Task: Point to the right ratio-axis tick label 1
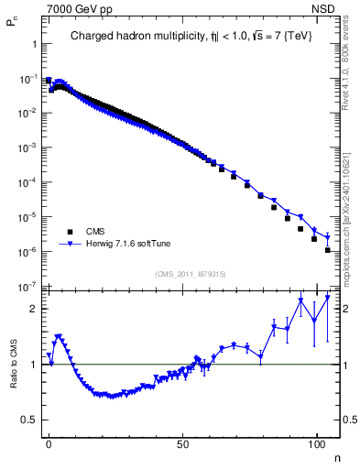point(347,365)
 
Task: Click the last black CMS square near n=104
point(327,249)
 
